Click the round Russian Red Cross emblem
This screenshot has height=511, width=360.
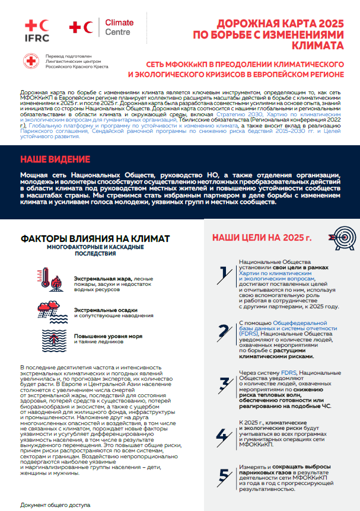pos(31,62)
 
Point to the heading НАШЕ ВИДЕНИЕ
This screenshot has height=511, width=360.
pos(55,159)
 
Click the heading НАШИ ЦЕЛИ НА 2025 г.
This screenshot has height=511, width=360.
pos(262,238)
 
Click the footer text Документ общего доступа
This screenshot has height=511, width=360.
pos(55,505)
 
